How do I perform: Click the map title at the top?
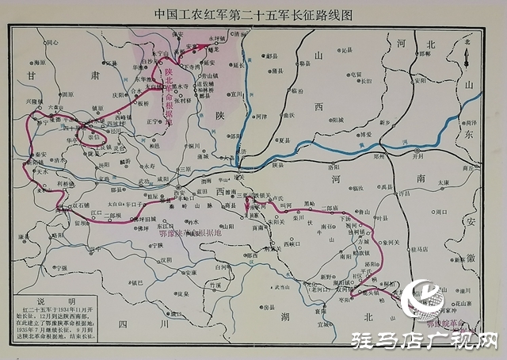coord(253,13)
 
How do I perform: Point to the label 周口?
coord(440,213)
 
